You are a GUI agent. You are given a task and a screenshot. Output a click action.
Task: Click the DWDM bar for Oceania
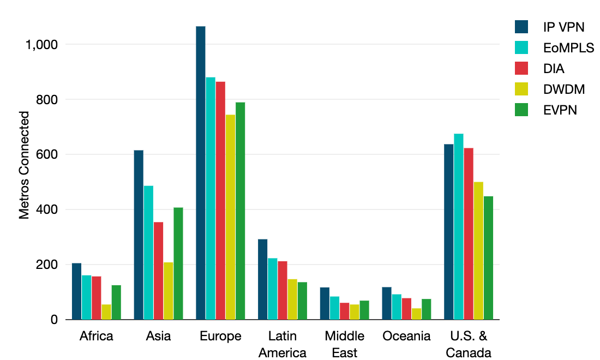pyautogui.click(x=417, y=314)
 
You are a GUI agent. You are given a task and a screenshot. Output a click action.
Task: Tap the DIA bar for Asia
pyautogui.click(x=158, y=271)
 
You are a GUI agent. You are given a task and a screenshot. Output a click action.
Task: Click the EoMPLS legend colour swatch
pyautogui.click(x=522, y=47)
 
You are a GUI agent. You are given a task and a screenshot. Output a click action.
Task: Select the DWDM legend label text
pyautogui.click(x=561, y=89)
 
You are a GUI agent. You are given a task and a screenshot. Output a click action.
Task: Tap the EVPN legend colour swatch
pyautogui.click(x=522, y=110)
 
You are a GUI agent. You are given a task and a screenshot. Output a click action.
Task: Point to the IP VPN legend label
pyautogui.click(x=564, y=27)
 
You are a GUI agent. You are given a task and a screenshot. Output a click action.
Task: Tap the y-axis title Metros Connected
pyautogui.click(x=24, y=165)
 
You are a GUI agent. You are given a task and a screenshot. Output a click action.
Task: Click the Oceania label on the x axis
pyautogui.click(x=407, y=336)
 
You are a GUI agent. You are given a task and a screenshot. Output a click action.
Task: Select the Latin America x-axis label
pyautogui.click(x=283, y=344)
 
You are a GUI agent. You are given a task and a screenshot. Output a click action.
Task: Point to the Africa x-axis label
pyautogui.click(x=97, y=336)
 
